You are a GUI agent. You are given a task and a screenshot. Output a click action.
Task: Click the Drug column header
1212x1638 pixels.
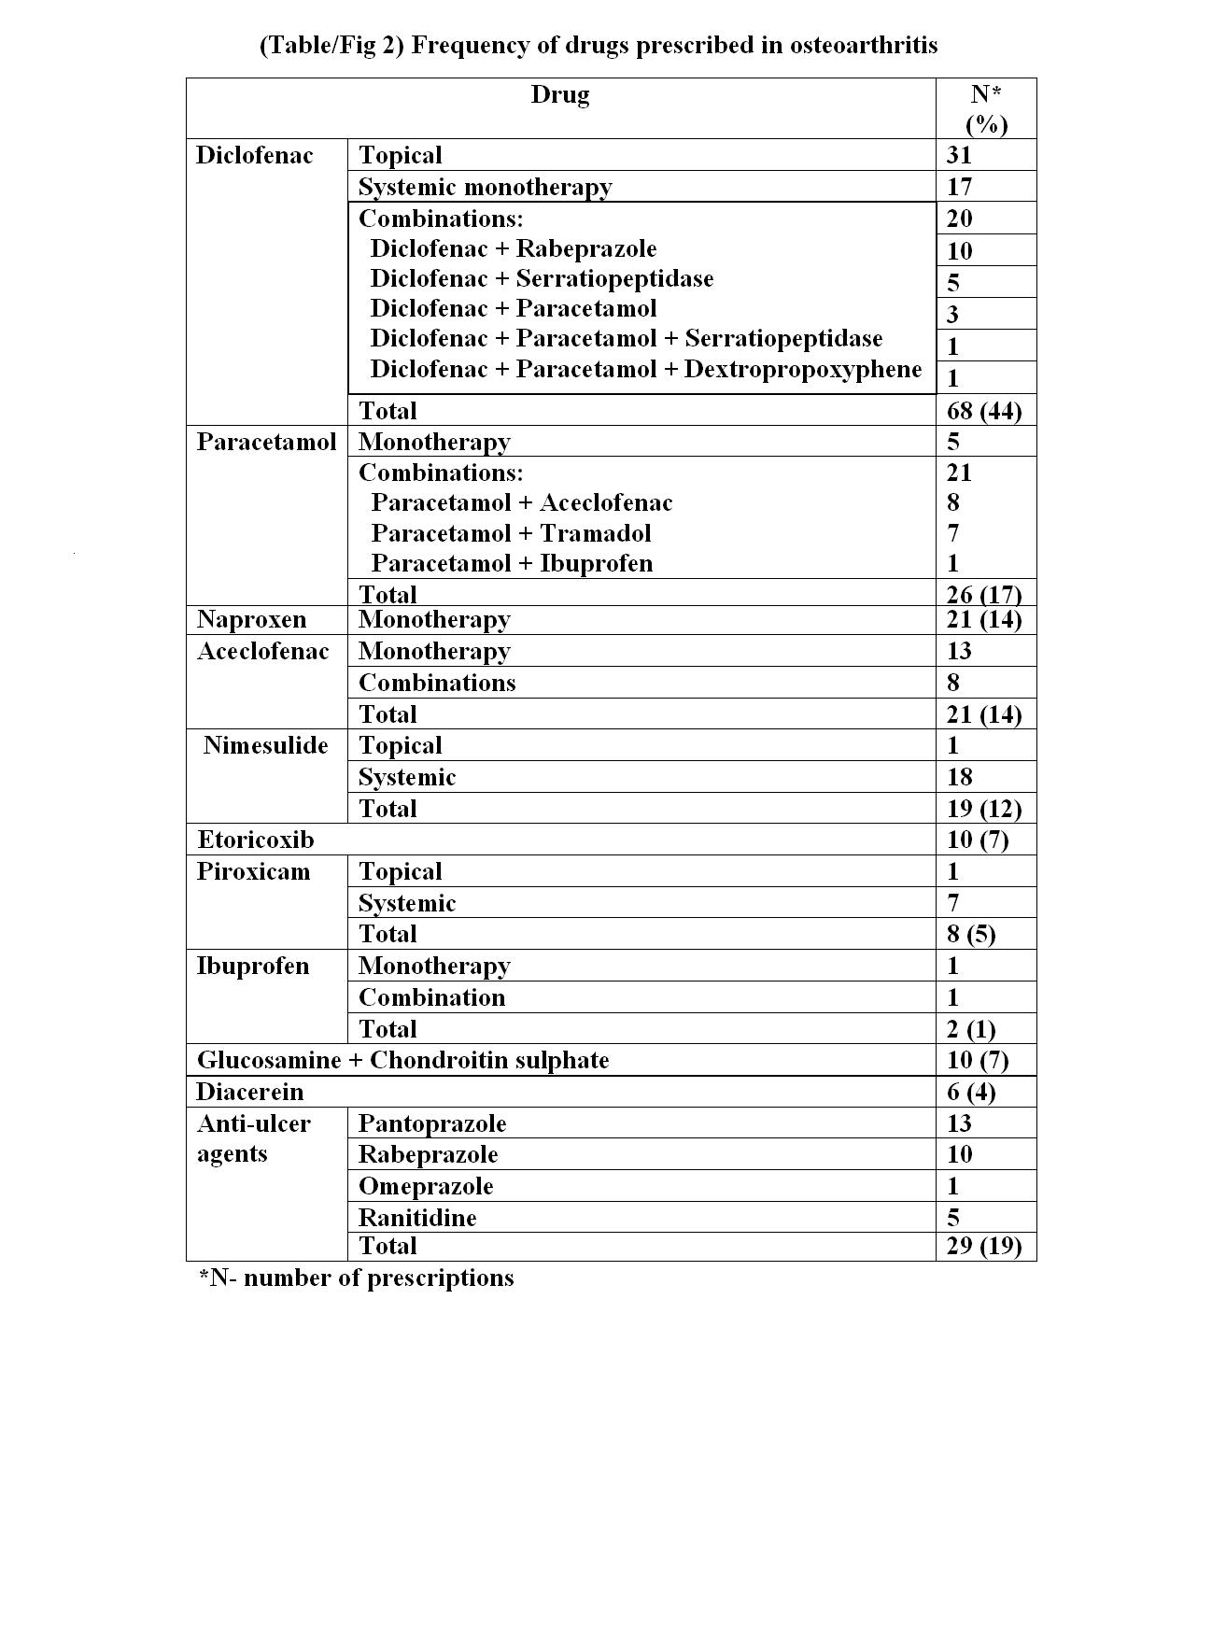pos(560,95)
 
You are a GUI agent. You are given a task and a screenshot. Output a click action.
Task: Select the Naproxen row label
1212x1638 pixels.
pos(251,620)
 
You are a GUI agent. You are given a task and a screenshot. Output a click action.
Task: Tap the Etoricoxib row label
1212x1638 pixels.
pos(255,840)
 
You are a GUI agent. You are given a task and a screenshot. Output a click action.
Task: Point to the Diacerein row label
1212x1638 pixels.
pos(249,1092)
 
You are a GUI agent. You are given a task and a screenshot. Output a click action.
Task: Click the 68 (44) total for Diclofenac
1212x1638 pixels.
pos(983,411)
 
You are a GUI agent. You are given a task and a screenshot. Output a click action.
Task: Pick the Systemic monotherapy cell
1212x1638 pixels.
pos(485,187)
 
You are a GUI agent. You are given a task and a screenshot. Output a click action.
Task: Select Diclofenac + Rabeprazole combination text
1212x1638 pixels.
pos(513,249)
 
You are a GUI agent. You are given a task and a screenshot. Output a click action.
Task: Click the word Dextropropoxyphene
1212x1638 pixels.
pos(803,369)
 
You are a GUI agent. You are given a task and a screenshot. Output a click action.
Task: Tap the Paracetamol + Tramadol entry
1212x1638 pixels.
pos(511,533)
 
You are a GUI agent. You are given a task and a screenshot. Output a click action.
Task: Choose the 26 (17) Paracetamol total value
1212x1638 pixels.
pos(983,595)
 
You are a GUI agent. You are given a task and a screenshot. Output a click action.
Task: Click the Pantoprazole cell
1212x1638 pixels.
pos(431,1123)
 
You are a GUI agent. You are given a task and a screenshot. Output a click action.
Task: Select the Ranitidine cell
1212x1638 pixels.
pos(416,1218)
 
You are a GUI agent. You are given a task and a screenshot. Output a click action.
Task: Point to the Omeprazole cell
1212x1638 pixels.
pos(425,1186)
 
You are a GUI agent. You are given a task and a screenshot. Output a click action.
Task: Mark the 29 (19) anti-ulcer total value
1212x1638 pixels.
pos(983,1246)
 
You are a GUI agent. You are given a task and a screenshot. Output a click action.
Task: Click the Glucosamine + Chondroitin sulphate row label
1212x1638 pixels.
pos(402,1060)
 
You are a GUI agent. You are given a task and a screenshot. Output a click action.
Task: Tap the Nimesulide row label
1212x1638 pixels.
pos(266,745)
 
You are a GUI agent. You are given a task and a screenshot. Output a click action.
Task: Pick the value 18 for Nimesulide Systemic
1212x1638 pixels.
pos(959,777)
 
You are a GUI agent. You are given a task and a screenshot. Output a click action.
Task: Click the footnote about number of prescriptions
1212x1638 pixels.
pos(356,1278)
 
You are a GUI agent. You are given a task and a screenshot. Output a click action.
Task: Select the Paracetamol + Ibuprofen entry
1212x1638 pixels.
pos(512,563)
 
